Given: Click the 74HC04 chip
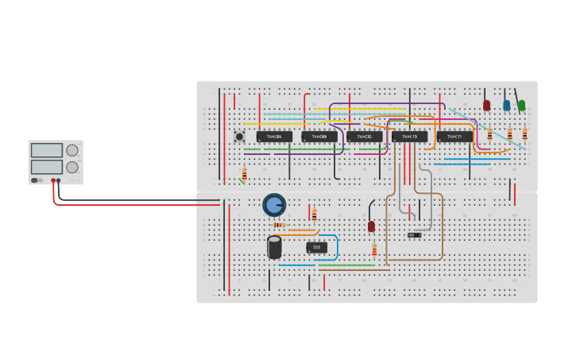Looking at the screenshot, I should (x=274, y=137).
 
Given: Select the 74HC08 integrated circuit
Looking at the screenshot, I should (x=319, y=137).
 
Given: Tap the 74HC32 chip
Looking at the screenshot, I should (x=365, y=137).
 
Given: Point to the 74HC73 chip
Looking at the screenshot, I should (x=409, y=137).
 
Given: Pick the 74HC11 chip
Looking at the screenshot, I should (x=454, y=137).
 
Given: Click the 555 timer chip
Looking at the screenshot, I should (x=316, y=247).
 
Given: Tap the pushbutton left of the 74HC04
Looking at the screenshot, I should (x=239, y=137).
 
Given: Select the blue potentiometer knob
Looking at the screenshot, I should (x=274, y=205).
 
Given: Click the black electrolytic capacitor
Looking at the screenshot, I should (x=274, y=247).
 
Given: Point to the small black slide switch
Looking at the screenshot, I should (x=414, y=234).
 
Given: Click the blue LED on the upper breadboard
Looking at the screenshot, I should (x=506, y=104).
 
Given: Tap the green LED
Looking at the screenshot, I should (x=521, y=104).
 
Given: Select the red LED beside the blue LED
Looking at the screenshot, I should (x=487, y=104).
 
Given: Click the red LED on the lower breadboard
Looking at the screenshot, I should (x=371, y=226).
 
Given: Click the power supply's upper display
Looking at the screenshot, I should (x=47, y=150).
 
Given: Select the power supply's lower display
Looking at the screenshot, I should (x=47, y=167).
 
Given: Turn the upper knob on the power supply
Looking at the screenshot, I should (x=72, y=150).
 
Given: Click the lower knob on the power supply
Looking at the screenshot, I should (x=72, y=167).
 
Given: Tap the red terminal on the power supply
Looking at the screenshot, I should (x=53, y=180).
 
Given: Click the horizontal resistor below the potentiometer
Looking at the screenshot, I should (x=278, y=225).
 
